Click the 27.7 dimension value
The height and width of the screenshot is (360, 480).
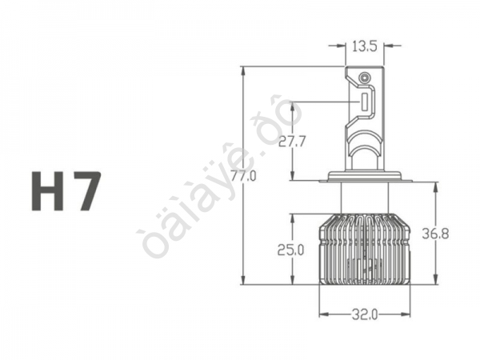pos(293,143)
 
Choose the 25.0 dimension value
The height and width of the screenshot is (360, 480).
pos(291,250)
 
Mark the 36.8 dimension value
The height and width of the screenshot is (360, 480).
pos(437,234)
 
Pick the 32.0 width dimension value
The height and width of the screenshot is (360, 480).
pos(364,314)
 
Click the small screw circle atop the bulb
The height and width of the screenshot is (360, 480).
pos(365,78)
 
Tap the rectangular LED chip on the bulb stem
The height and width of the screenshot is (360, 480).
pos(364,102)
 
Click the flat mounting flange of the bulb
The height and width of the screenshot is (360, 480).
pos(364,177)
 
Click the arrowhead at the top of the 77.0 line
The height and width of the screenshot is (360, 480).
pos(242,71)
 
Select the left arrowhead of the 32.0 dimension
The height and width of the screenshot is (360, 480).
pos(322,314)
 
